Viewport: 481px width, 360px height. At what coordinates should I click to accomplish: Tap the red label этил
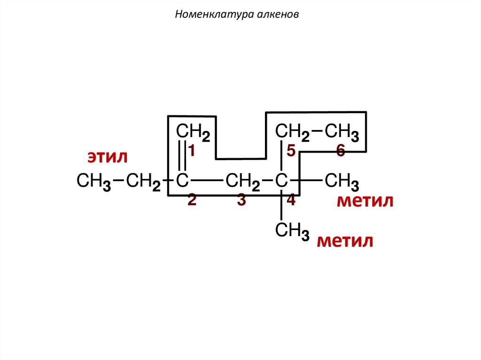pos(107,157)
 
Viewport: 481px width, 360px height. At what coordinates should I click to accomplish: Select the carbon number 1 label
pos(192,150)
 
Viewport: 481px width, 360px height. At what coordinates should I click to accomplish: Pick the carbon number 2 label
pos(192,200)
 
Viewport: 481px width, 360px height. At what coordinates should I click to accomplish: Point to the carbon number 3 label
pos(241,200)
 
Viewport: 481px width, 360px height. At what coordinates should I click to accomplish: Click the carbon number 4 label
pos(291,200)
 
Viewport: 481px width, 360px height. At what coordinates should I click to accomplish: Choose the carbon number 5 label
pos(291,151)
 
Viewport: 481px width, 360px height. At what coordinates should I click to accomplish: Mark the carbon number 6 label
pos(341,151)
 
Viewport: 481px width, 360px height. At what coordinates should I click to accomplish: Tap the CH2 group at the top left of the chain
pos(193,132)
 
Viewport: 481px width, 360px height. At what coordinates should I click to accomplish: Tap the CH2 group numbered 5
pos(292,132)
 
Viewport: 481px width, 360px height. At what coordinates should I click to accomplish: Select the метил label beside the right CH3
pos(365,201)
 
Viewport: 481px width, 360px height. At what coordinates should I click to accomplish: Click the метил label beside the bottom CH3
pos(345,241)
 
